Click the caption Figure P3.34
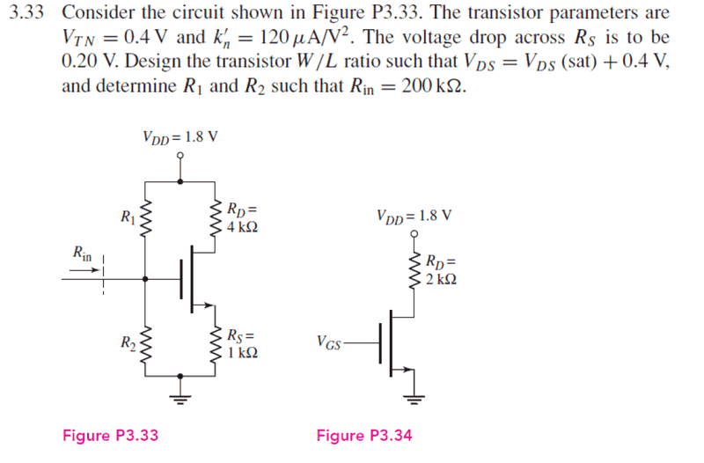pyautogui.click(x=364, y=435)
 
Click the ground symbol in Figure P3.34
pyautogui.click(x=413, y=393)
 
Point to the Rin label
pyautogui.click(x=82, y=254)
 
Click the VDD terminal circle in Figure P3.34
pyautogui.click(x=413, y=236)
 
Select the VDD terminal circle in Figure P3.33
pyautogui.click(x=180, y=156)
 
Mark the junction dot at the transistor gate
pyautogui.click(x=144, y=279)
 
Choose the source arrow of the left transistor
pyautogui.click(x=211, y=306)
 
